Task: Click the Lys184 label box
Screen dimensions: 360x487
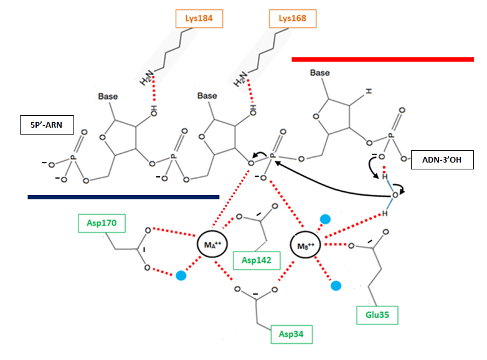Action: point(199,18)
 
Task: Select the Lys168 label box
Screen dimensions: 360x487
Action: point(293,18)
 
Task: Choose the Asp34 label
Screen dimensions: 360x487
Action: point(291,335)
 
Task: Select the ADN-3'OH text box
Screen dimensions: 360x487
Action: point(442,160)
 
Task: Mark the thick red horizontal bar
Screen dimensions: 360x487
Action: point(383,60)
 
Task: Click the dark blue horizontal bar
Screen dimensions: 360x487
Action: point(123,197)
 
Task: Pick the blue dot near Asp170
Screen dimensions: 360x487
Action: point(181,275)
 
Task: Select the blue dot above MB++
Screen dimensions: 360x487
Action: point(324,219)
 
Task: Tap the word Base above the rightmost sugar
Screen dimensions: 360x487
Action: point(320,73)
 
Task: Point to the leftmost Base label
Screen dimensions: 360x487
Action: point(108,97)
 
